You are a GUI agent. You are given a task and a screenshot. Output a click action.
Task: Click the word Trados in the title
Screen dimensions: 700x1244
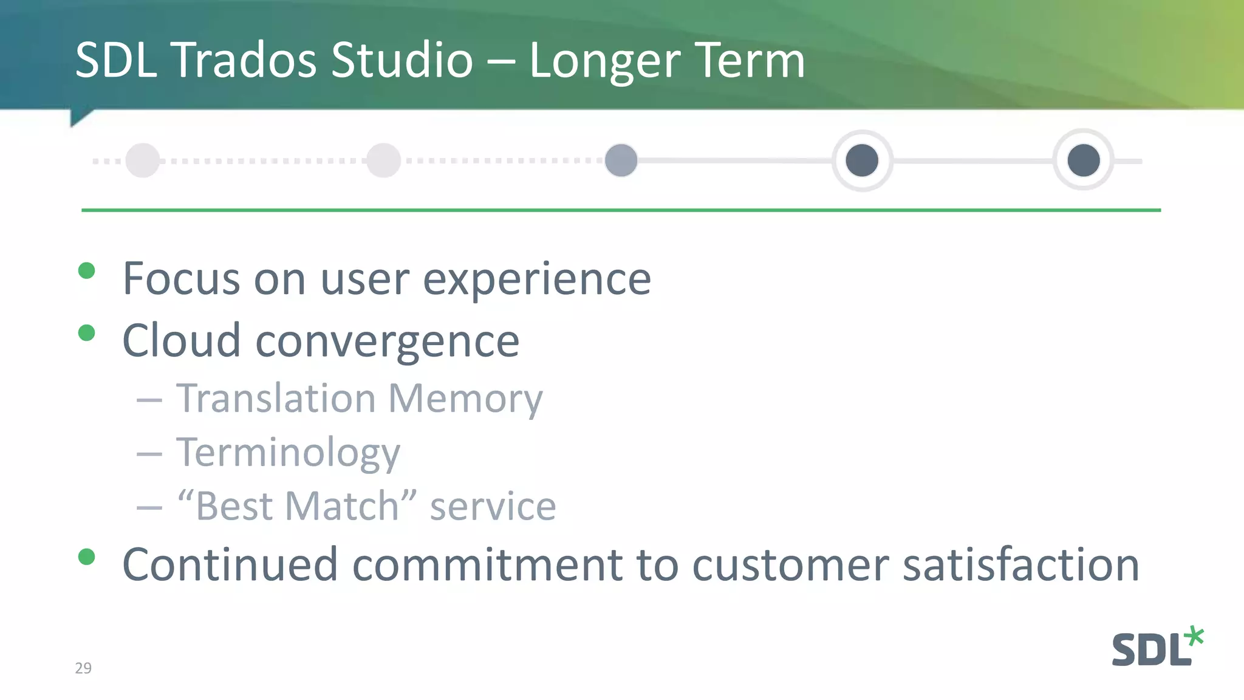pyautogui.click(x=245, y=60)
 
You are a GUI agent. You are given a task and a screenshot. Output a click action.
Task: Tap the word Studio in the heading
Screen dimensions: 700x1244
pyautogui.click(x=402, y=60)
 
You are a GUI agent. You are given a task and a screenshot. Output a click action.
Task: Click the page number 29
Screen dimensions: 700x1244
pyautogui.click(x=83, y=668)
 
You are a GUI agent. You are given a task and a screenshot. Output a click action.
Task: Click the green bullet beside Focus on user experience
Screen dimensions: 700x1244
pyautogui.click(x=87, y=270)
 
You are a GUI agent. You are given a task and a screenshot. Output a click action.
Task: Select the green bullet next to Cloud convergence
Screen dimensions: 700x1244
pyautogui.click(x=87, y=333)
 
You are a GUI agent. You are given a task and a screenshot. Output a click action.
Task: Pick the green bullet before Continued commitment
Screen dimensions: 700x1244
pyautogui.click(x=87, y=557)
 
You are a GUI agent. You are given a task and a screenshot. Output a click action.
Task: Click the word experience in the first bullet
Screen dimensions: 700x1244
pyautogui.click(x=537, y=280)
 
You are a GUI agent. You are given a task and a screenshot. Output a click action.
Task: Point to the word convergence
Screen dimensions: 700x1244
pyautogui.click(x=388, y=341)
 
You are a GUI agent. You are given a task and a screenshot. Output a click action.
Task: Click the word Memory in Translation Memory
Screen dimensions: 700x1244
pyautogui.click(x=465, y=399)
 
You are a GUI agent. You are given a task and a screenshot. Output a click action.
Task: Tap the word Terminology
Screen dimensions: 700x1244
pyautogui.click(x=288, y=453)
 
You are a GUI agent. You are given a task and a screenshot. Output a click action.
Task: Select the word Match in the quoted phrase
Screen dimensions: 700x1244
pyautogui.click(x=342, y=506)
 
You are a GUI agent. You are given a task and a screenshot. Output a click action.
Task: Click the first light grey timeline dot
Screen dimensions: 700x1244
pyautogui.click(x=143, y=160)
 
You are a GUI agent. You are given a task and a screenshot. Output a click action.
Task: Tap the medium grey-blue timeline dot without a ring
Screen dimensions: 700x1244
pyautogui.click(x=621, y=160)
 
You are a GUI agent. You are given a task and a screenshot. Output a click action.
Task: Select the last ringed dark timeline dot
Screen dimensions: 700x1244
pyautogui.click(x=1084, y=160)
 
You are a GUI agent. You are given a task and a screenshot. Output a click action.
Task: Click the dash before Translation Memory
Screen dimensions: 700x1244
pyautogui.click(x=149, y=400)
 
